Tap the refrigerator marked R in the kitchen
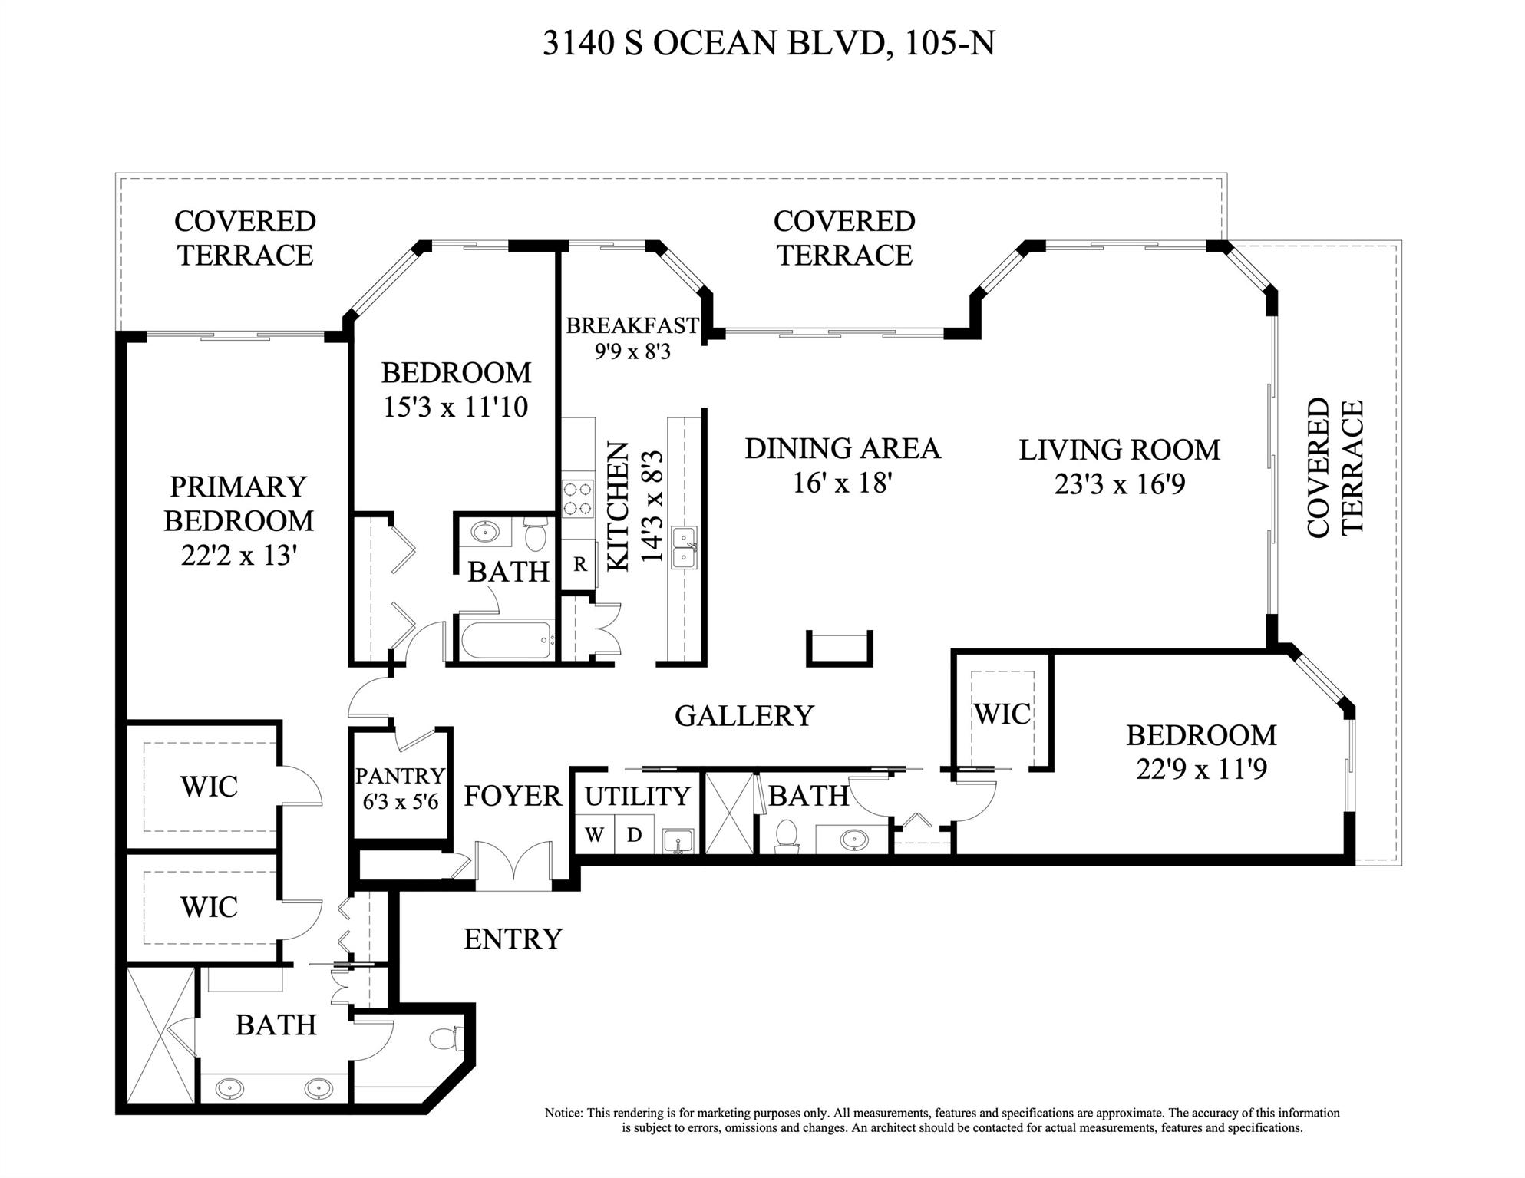pos(579,564)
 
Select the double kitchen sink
pos(684,547)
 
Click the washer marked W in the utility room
pos(595,835)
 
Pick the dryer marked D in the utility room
pos(634,835)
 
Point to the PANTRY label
pos(400,776)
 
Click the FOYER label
pos(513,796)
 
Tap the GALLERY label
pos(744,715)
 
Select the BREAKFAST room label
pos(632,325)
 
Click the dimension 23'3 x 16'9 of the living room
pos(1120,484)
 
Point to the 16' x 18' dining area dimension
pos(843,483)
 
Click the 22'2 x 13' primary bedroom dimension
pos(239,555)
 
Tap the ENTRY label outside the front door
pos(513,939)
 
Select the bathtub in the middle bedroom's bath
pos(507,639)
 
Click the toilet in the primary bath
pos(447,1038)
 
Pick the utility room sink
pos(678,841)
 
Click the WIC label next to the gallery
pos(1002,714)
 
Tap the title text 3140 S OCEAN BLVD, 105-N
pos(769,43)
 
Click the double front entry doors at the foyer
pos(513,866)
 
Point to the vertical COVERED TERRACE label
pos(1335,467)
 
